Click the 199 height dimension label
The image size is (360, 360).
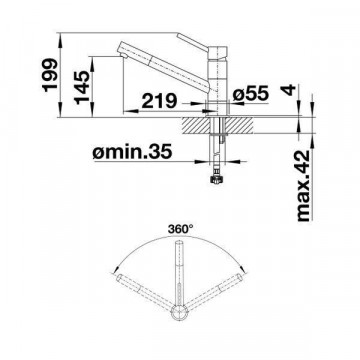(x=50, y=75)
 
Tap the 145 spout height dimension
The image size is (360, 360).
(x=82, y=87)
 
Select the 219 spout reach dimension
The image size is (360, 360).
(x=159, y=101)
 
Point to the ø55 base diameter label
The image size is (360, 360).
(x=251, y=93)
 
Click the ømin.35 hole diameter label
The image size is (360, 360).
(x=133, y=152)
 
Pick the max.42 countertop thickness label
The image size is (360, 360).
(x=303, y=186)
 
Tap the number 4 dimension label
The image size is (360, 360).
(x=288, y=90)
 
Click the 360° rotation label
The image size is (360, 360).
(x=180, y=229)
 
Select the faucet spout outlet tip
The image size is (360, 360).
(x=122, y=55)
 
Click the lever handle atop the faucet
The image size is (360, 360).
(x=193, y=42)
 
